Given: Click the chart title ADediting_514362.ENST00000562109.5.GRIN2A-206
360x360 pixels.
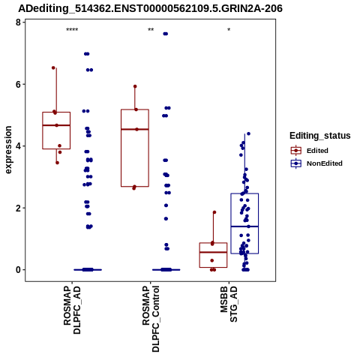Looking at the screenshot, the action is coord(150,9).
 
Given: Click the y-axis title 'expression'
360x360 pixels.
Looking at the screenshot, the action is coord(8,150).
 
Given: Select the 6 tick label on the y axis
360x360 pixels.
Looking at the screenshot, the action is coord(18,85).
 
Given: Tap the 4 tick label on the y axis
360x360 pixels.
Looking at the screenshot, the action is coord(18,146).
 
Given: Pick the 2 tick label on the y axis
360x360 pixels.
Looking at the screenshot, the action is coord(18,208).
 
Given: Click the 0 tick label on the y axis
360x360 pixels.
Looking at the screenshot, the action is coord(18,270).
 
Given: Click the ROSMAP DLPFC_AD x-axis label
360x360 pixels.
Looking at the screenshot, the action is coord(72,310).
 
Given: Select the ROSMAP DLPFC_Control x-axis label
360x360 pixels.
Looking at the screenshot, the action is coord(151,319).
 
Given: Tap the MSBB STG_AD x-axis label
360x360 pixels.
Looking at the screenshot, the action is coord(229,304).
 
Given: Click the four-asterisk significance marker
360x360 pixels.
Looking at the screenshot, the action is coord(72,30).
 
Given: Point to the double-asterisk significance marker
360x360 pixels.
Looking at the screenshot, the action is coord(151,29).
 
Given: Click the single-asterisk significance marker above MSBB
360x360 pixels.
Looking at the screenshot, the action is coord(229,29).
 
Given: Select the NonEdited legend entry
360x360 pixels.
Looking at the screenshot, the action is coord(316,163).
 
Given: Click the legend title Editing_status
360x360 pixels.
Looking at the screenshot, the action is coord(320,136).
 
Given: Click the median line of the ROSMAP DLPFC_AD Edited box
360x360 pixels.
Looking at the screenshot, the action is coord(56,125).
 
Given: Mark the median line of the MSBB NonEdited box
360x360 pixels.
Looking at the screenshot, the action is coord(244,226).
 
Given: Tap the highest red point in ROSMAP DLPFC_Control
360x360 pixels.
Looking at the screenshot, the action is coord(135,86).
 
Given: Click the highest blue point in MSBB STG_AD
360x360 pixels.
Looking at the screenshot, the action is coord(248,133).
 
